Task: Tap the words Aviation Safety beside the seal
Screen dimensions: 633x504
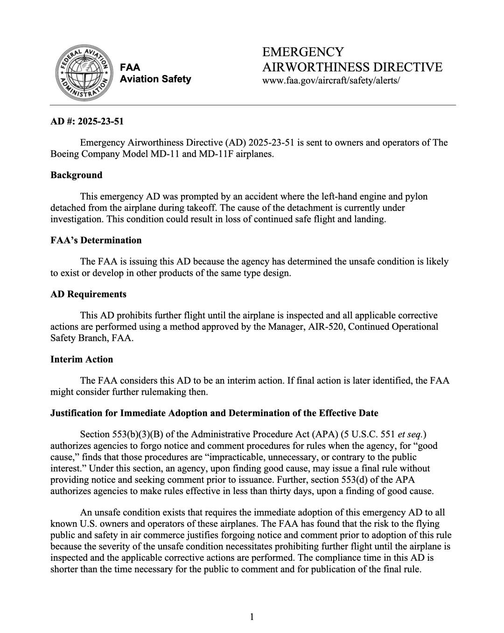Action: tap(155, 79)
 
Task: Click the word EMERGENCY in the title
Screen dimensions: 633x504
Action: tap(303, 52)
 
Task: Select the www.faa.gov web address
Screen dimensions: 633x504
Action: tap(331, 80)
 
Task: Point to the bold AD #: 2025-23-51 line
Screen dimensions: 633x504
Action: tap(87, 122)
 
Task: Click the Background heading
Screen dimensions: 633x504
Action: tap(76, 175)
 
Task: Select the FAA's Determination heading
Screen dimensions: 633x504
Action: tap(96, 241)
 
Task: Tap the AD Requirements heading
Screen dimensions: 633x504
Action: tap(88, 294)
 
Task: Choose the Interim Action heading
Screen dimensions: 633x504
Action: tap(82, 359)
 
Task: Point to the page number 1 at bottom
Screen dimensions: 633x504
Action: tap(252, 617)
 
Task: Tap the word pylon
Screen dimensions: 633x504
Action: tap(415, 196)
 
